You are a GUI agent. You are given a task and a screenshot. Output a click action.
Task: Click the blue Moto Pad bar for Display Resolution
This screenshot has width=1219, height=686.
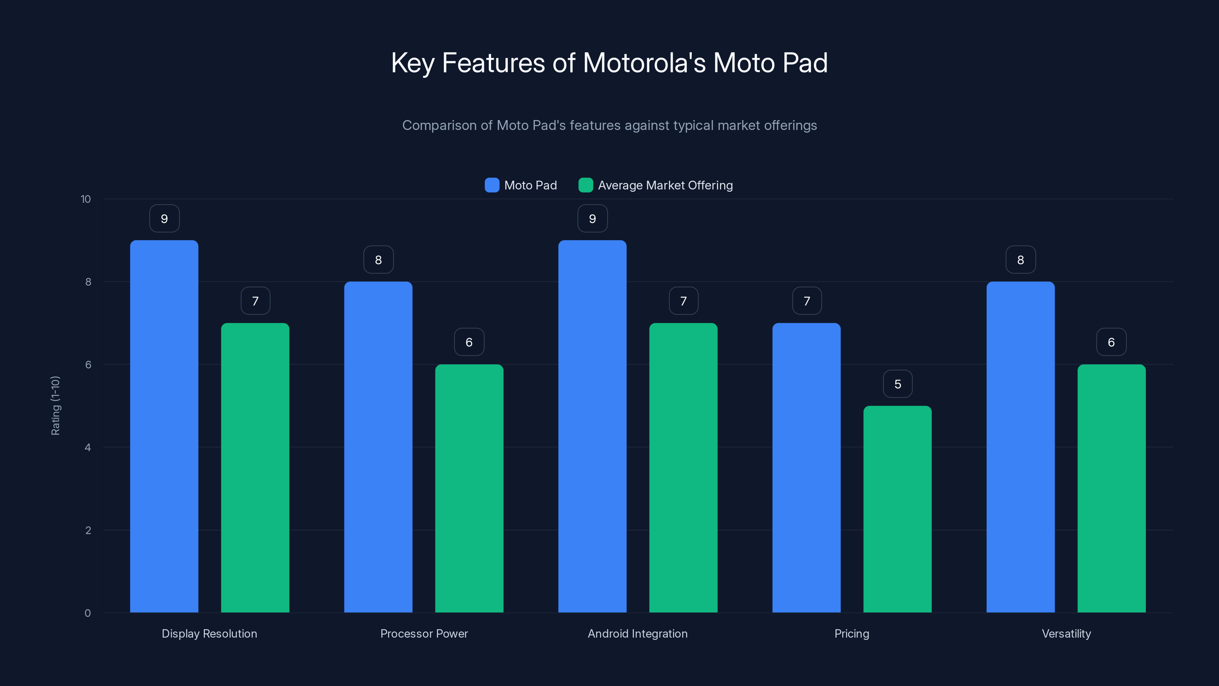[x=164, y=426]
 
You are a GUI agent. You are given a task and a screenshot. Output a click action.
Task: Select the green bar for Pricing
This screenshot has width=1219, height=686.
[x=897, y=509]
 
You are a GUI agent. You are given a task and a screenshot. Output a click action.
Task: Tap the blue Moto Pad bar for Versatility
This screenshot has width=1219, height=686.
[x=1020, y=447]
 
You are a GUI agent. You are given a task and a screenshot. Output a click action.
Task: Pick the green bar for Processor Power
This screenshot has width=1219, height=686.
[x=469, y=488]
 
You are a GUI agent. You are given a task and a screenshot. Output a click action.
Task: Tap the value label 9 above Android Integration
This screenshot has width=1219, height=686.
[x=592, y=219]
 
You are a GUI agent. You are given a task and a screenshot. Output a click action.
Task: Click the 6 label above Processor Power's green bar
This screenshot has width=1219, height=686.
[x=469, y=342]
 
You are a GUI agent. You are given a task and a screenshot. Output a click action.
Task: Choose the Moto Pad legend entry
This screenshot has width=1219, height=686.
[x=521, y=185]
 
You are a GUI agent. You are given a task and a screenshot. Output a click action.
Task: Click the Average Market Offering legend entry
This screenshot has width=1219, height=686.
[x=656, y=185]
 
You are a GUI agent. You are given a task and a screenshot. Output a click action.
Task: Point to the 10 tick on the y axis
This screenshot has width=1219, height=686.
[x=86, y=199]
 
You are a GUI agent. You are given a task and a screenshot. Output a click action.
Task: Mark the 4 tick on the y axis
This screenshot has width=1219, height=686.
[x=88, y=447]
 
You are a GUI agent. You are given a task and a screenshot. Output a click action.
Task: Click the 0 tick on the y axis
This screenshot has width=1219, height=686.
[x=88, y=613]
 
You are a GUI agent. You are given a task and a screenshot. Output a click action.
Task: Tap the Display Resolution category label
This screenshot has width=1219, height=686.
[x=209, y=633]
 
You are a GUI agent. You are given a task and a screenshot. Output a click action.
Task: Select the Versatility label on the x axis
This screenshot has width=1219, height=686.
[x=1066, y=633]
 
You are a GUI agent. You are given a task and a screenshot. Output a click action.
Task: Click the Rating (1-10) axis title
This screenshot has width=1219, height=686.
[x=55, y=406]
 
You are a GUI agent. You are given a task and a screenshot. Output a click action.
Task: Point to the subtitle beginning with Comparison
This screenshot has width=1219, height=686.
[x=609, y=125]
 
